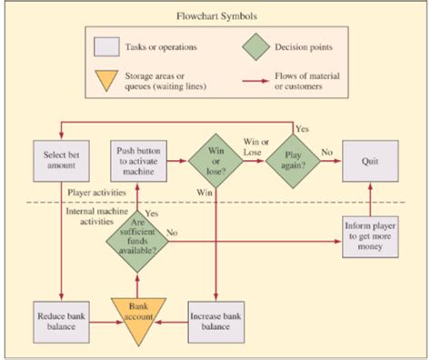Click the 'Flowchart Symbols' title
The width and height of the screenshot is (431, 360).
215,15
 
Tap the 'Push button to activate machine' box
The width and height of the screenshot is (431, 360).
138,161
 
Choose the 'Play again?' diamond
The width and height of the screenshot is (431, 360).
293,161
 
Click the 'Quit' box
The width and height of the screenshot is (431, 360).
370,161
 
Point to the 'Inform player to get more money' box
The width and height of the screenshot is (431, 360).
370,236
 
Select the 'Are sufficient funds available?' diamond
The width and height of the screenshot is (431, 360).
137,236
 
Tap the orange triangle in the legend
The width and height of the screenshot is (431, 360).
108,80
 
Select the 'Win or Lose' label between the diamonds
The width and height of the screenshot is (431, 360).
256,147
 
